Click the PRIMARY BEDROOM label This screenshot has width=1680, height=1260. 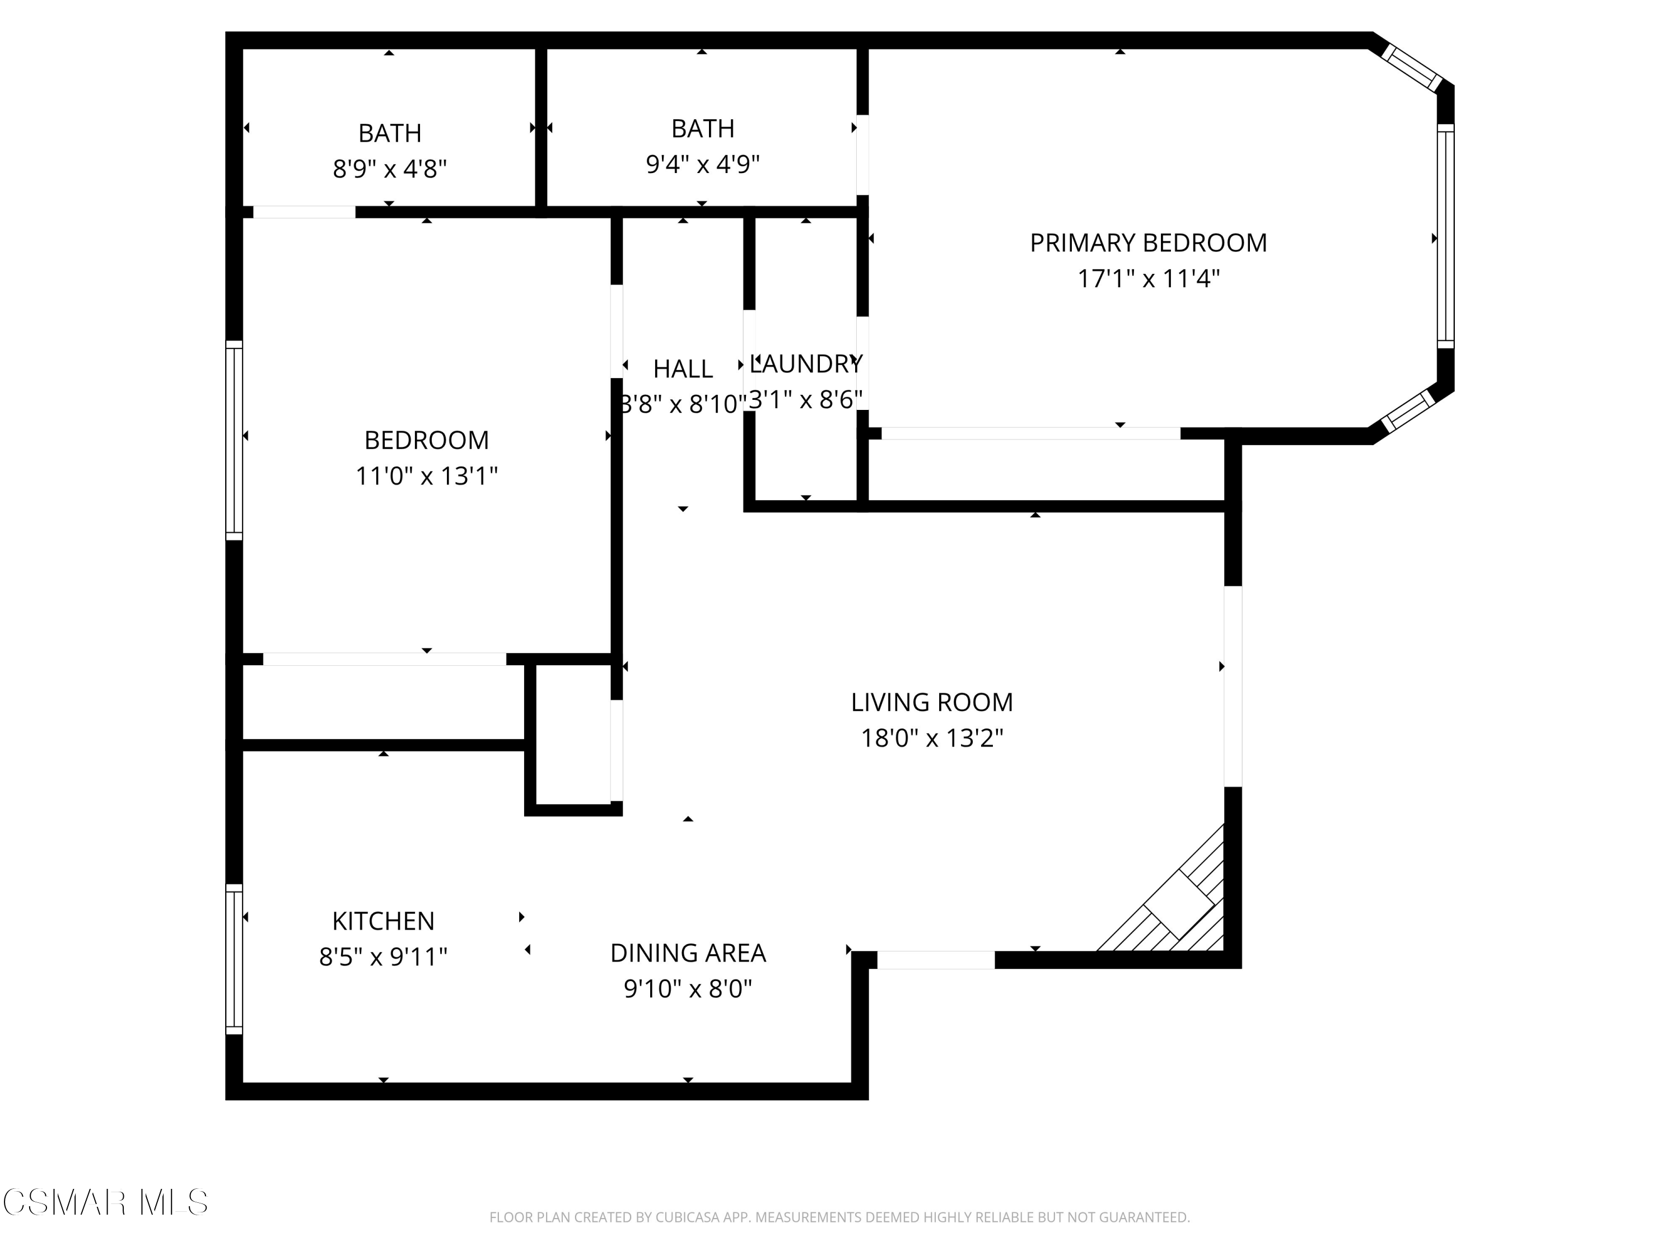click(1147, 243)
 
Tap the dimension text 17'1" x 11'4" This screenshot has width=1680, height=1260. click(1147, 279)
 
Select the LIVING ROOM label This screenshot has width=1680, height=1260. click(931, 703)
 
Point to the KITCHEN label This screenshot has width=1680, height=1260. click(383, 921)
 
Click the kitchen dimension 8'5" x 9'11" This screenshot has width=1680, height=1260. click(383, 957)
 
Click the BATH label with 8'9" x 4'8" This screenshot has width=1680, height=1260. click(390, 134)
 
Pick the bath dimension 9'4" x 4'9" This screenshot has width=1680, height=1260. click(703, 164)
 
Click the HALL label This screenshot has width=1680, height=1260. click(682, 369)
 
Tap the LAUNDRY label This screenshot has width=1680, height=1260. click(806, 365)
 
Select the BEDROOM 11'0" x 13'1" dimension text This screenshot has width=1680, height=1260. click(426, 476)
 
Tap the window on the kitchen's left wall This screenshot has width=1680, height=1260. click(234, 959)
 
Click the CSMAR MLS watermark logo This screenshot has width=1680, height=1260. click(105, 1202)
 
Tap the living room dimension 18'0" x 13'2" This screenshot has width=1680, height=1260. click(931, 738)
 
